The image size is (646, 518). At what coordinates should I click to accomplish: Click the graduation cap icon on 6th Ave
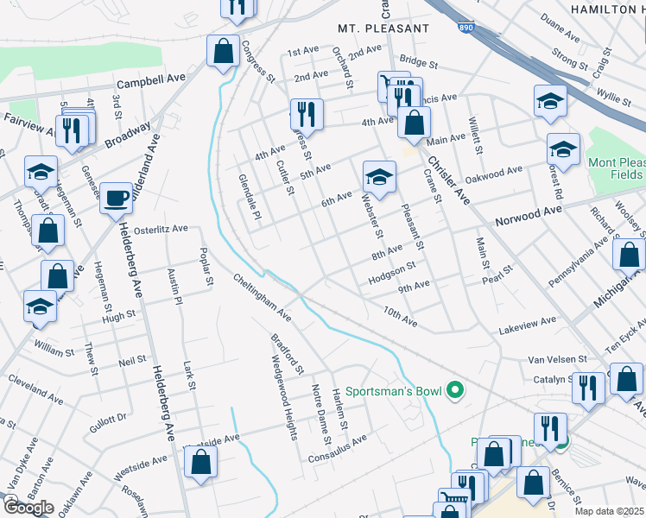tap(378, 177)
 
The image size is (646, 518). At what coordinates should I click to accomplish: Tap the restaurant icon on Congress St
tap(306, 113)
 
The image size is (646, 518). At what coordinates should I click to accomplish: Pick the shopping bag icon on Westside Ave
tap(200, 462)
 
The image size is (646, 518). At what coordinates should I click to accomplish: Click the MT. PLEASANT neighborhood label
tap(383, 28)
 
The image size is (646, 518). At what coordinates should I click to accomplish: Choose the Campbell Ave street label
tap(152, 82)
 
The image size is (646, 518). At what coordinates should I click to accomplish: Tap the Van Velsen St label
tap(557, 358)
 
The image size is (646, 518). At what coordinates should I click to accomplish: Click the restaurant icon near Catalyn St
tap(587, 387)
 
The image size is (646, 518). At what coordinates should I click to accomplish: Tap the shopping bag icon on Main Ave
tap(414, 123)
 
